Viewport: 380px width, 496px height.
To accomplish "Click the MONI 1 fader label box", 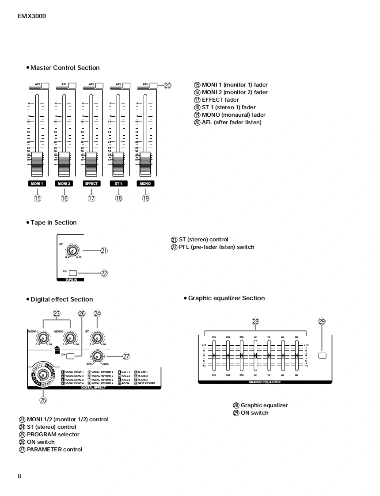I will tap(38, 183).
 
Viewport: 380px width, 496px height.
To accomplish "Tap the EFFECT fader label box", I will tap(91, 183).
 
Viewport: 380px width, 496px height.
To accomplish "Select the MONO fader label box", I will tap(145, 183).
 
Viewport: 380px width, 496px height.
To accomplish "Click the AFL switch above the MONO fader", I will tap(153, 86).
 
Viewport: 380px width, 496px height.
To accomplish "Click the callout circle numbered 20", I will tap(167, 86).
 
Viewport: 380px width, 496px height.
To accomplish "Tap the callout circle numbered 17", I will tap(91, 198).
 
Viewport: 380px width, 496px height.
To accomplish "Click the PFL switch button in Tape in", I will tap(73, 273).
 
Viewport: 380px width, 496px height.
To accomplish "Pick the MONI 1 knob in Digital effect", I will tap(43, 338).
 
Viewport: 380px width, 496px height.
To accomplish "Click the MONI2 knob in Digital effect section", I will tap(70, 338).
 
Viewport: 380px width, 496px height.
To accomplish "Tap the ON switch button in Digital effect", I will tap(77, 355).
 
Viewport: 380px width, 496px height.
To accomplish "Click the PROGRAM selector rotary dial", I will tap(43, 375).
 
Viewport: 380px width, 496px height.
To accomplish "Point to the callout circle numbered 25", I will tap(43, 401).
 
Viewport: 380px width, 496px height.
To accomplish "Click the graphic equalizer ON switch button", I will tap(322, 355).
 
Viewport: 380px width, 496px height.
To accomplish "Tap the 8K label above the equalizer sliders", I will tap(296, 338).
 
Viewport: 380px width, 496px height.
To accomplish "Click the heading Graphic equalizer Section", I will tap(226, 298).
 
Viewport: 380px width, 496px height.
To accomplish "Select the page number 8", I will tap(19, 476).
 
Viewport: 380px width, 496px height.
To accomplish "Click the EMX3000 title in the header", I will tap(32, 16).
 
